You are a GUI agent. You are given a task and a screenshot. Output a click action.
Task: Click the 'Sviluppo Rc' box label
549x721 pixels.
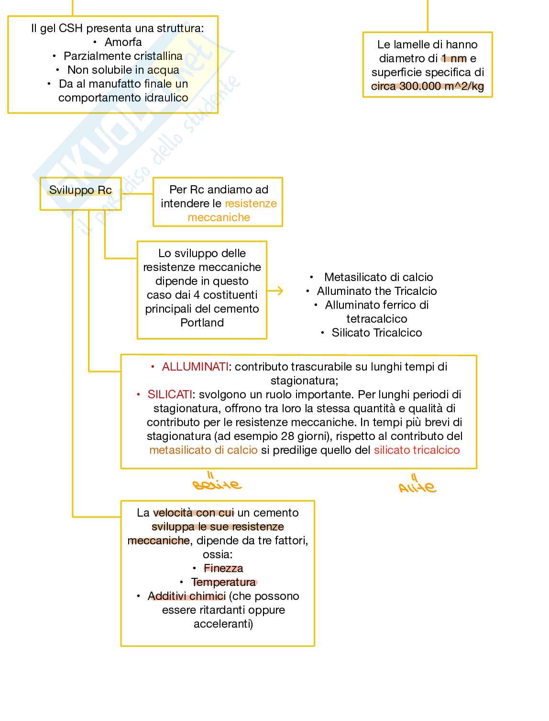point(80,191)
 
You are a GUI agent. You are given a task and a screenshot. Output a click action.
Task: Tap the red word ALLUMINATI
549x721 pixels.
point(195,367)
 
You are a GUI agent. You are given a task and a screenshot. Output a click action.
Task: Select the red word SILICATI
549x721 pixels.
point(170,394)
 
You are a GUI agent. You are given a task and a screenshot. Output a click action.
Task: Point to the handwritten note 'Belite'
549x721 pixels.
point(217,484)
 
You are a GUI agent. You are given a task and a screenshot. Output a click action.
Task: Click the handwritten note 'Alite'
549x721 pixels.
point(417,486)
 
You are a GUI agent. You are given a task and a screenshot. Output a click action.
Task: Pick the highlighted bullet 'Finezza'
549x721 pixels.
point(223,568)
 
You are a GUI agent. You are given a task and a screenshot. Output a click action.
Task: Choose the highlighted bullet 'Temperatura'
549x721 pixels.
point(223,582)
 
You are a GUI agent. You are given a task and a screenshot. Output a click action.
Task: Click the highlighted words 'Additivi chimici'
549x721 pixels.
point(187,596)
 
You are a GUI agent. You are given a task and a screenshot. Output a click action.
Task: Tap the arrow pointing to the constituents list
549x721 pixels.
point(275,291)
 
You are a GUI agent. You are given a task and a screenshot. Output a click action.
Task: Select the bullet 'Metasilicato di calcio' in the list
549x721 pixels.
point(378,277)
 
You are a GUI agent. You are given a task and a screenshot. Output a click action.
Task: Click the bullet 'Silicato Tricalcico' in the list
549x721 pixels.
point(377,333)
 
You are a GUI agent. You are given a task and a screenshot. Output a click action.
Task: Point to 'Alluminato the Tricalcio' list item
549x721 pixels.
point(377,291)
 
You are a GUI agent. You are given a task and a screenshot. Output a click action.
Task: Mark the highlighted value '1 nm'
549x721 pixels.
point(453,58)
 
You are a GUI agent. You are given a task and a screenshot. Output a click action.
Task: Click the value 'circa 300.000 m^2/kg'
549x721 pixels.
point(428,86)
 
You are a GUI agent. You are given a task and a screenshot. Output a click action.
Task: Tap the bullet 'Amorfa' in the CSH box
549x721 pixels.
point(123,42)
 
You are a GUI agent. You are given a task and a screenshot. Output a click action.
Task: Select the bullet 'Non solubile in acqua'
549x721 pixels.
point(123,70)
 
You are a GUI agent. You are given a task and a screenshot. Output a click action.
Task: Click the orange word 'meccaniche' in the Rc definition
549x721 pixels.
point(219,217)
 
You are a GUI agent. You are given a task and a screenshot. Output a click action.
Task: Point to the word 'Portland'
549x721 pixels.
point(202,323)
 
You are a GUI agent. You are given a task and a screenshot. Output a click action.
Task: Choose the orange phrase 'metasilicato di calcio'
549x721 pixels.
point(203,450)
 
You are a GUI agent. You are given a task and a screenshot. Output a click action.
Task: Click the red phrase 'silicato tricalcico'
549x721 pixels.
point(417,450)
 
